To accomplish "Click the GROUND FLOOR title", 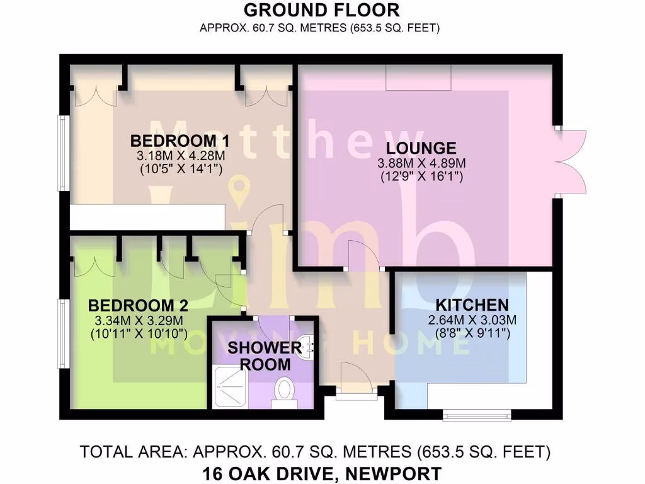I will pos(321,10).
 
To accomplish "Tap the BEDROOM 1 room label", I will pos(179,140).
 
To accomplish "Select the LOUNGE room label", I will pos(421,149).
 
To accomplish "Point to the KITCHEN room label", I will pos(467,304).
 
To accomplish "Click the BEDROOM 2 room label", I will pos(138,306).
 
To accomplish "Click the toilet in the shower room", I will pos(284,389).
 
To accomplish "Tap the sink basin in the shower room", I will pos(308,345).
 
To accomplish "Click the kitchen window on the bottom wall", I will pos(476,414).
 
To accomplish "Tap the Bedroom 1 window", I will pos(63,153).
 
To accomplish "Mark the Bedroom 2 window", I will pos(63,333).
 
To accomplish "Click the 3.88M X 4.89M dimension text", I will pos(421,164).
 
